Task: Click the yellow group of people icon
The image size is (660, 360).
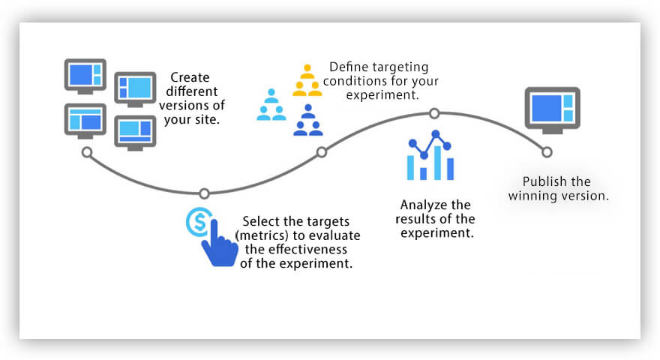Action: pyautogui.click(x=307, y=80)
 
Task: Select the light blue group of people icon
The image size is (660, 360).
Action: pyautogui.click(x=271, y=105)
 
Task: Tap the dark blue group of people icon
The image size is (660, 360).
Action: pyautogui.click(x=307, y=121)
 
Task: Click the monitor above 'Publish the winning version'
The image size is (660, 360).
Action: pyautogui.click(x=553, y=109)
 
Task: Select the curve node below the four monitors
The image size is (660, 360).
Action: pyautogui.click(x=87, y=152)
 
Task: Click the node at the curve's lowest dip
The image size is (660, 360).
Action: pyautogui.click(x=204, y=193)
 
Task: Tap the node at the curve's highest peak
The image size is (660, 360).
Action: pyautogui.click(x=433, y=113)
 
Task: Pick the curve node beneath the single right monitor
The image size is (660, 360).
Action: pyautogui.click(x=547, y=152)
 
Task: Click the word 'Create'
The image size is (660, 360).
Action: pyautogui.click(x=190, y=77)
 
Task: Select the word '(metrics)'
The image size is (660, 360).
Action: pyautogui.click(x=259, y=235)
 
